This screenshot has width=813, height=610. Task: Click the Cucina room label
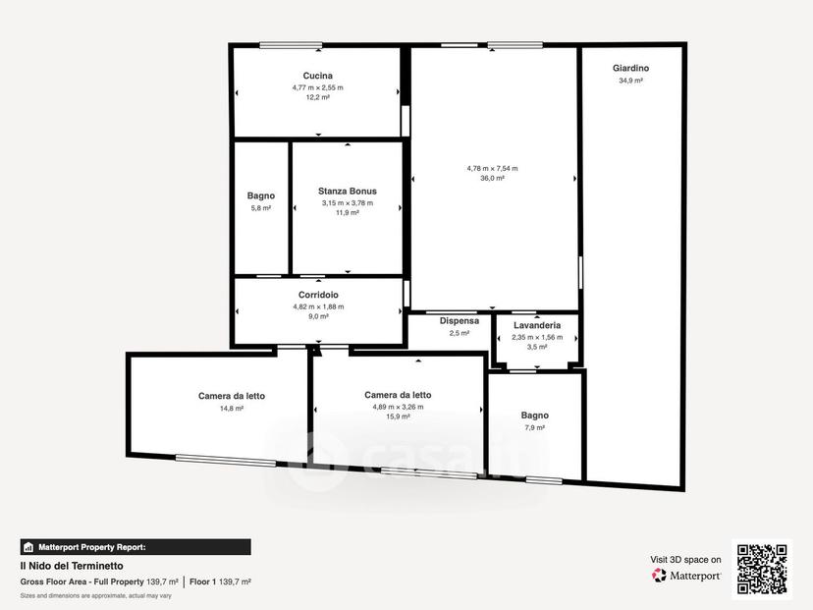coord(318,76)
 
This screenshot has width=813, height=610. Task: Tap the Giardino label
coord(630,68)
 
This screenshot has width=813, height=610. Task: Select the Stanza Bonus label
coord(348,191)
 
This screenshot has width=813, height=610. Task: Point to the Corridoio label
coord(318,295)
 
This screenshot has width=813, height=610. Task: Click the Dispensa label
coord(460,321)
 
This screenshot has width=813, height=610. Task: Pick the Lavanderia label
coord(537,325)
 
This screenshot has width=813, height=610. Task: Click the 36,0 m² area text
coord(492,179)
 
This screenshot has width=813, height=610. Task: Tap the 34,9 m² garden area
coord(631,81)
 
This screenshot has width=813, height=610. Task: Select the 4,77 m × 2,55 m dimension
coord(318,87)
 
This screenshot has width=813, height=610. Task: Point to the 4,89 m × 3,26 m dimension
coord(399,407)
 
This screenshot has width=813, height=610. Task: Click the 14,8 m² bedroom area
coord(232,409)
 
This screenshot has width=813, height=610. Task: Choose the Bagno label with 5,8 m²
coord(261,195)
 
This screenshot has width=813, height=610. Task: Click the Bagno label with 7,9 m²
coord(534,416)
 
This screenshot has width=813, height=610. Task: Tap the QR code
coord(762,569)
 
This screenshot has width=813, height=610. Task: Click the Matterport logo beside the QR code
coord(686,576)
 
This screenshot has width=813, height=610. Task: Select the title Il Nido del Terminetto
coord(72,566)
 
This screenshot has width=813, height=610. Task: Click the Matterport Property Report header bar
coord(135,547)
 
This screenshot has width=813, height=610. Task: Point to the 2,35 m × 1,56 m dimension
coord(537,337)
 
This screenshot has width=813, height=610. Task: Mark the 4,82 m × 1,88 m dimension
coord(318,306)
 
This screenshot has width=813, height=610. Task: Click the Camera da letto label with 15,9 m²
coord(399,395)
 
